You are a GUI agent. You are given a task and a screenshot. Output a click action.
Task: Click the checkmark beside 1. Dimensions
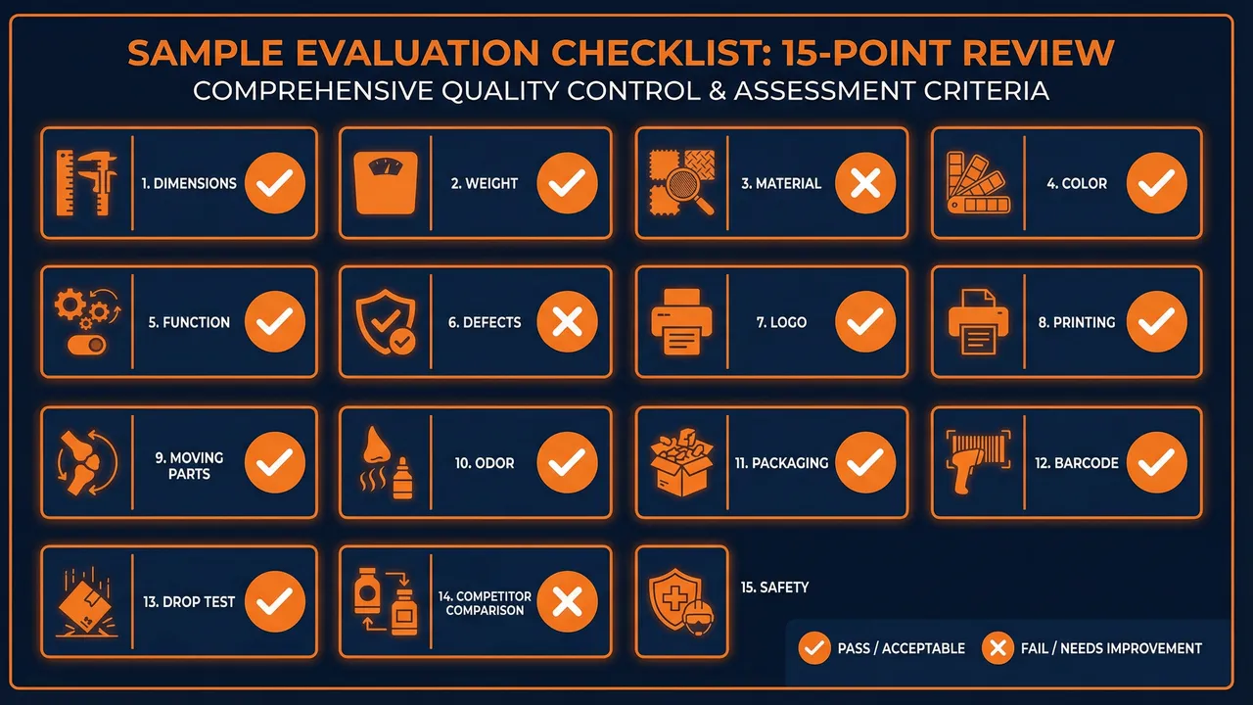pos(275,183)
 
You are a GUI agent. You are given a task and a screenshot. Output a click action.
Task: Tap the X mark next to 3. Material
pos(865,183)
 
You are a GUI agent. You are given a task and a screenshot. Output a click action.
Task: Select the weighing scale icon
pos(386,183)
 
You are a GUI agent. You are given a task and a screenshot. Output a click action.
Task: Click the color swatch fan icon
pos(976,183)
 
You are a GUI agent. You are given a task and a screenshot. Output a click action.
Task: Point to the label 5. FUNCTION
pos(189,322)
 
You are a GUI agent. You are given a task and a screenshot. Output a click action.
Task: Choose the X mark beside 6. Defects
pos(568,322)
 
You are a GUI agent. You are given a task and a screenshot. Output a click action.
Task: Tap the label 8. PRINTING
pos(1077,322)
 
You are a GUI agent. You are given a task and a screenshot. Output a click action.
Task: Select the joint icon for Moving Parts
pos(86,462)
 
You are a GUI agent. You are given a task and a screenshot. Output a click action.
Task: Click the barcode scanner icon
pos(976,462)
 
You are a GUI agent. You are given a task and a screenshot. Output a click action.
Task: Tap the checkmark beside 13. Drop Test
pos(275,601)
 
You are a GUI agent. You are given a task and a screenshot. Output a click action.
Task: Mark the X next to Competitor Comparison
pos(568,601)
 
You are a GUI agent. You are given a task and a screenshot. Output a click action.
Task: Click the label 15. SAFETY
pos(774,587)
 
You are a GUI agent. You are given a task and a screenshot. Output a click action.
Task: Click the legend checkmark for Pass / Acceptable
pos(814,648)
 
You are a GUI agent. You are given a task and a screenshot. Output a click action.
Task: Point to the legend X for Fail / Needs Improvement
pos(998,648)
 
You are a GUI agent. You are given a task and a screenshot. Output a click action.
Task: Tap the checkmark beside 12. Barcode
pos(1157,462)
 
